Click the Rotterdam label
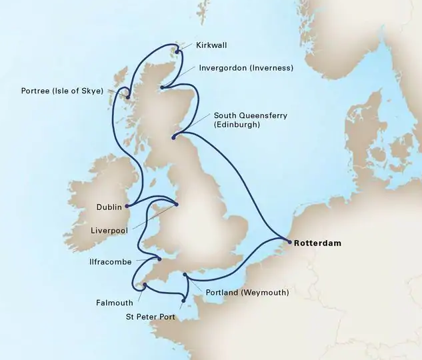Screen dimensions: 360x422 tap(317, 243)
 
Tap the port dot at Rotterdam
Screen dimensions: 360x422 tap(289, 243)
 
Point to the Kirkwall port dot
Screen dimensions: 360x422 tap(177, 48)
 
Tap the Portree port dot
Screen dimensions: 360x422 tap(127, 97)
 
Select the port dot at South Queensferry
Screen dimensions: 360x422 tap(173, 138)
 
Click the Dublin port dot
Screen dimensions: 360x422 tap(127, 206)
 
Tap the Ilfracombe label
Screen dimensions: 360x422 tap(119, 262)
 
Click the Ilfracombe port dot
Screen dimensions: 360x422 tap(159, 259)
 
